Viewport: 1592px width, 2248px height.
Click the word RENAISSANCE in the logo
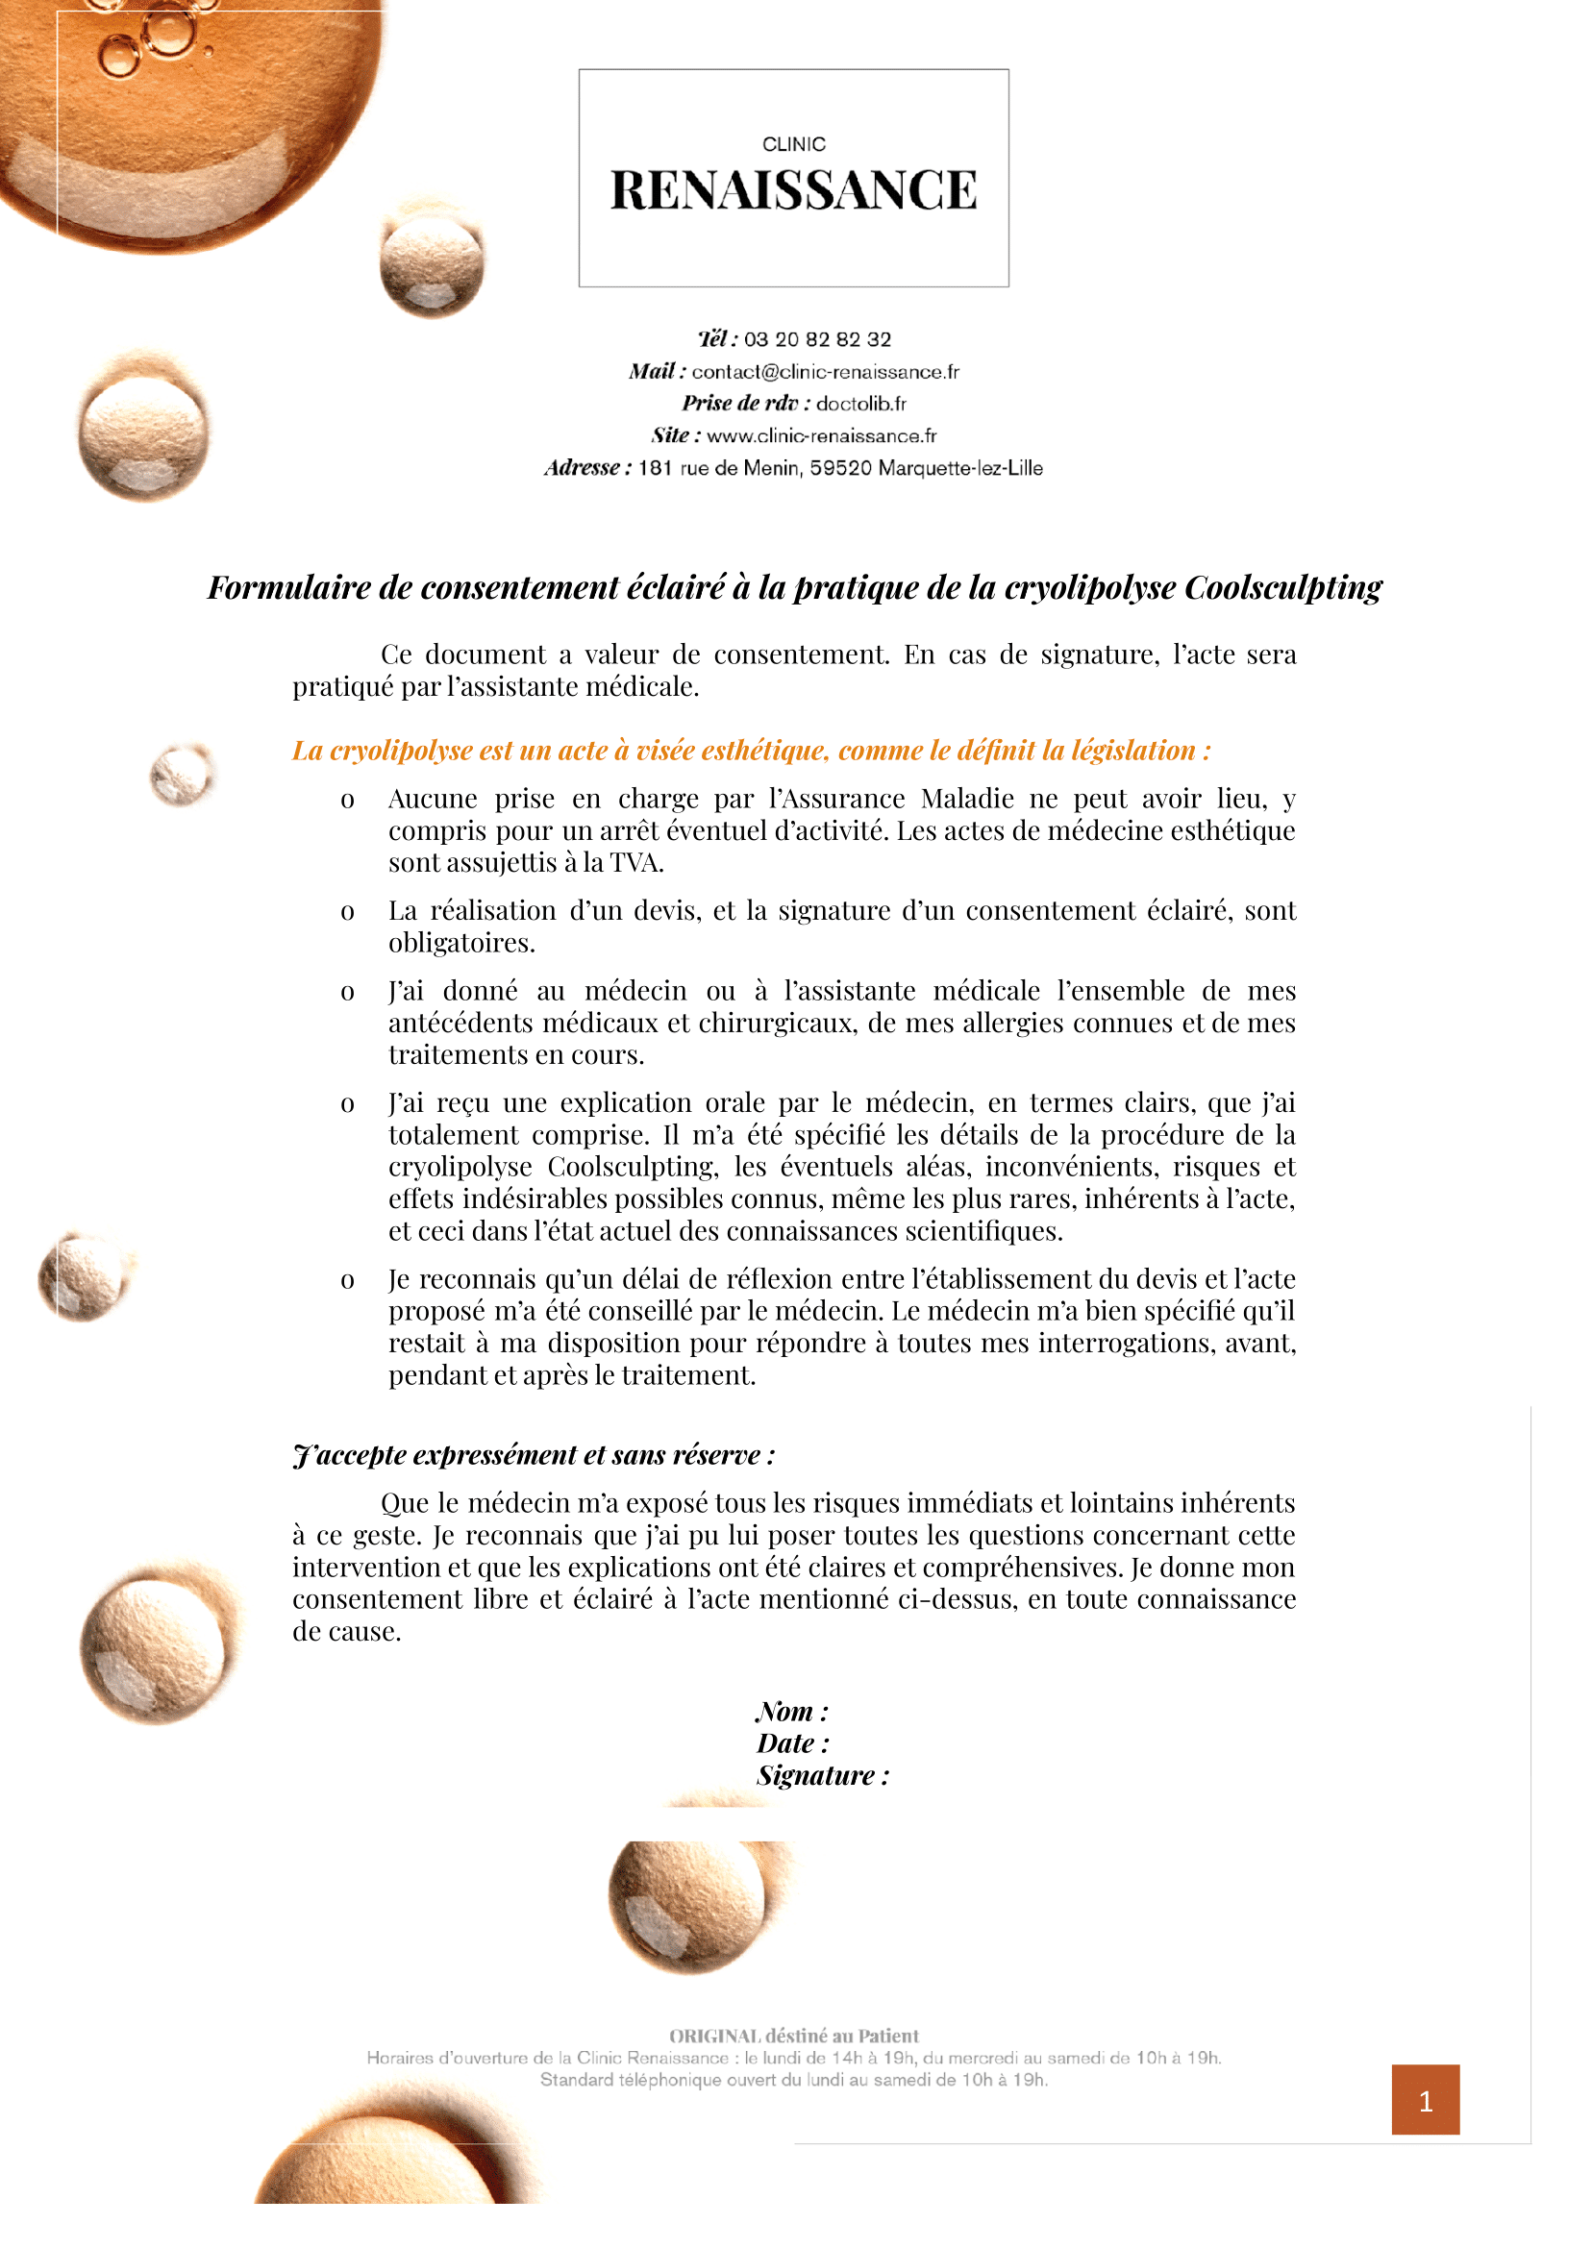(x=793, y=190)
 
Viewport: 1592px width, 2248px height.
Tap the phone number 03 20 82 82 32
(x=817, y=339)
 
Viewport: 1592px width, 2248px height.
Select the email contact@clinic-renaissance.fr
(x=826, y=372)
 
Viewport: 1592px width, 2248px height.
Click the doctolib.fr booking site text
(x=860, y=404)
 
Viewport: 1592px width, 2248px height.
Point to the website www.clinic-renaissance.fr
(x=822, y=436)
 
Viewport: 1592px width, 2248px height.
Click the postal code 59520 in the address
(x=840, y=468)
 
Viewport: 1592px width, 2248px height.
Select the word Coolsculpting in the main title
(x=1283, y=588)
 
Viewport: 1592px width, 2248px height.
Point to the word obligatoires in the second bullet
(x=461, y=944)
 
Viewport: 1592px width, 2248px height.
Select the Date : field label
(x=792, y=1744)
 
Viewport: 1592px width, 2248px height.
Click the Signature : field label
(x=823, y=1776)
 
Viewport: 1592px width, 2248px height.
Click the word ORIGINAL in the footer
(x=714, y=2036)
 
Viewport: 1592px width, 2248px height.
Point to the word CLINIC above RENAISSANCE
(x=794, y=144)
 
